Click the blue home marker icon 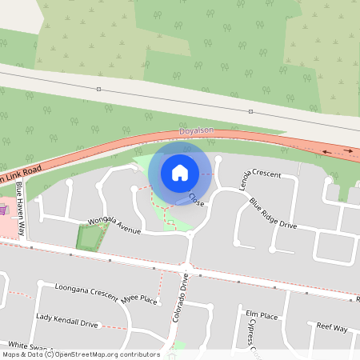(x=180, y=173)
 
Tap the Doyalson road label (x=196, y=130)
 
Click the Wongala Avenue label (x=114, y=227)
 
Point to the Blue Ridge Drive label (x=272, y=214)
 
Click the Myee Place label (x=139, y=299)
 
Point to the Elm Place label (x=261, y=315)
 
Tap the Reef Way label (x=331, y=328)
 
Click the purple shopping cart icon (x=4, y=210)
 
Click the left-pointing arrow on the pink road (x=327, y=150)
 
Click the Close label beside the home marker (x=196, y=200)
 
